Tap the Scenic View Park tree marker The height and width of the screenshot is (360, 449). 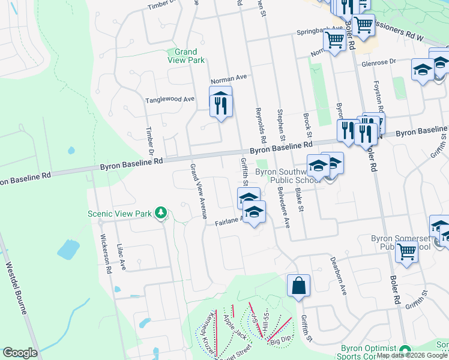160,212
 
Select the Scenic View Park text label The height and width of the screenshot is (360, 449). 120,213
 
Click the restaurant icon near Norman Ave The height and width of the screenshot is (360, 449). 220,103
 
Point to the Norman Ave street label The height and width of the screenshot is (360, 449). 229,79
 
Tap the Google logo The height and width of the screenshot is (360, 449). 20,353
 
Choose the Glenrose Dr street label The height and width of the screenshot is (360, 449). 379,62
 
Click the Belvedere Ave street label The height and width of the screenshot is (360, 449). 283,205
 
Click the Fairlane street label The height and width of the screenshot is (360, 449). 228,222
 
